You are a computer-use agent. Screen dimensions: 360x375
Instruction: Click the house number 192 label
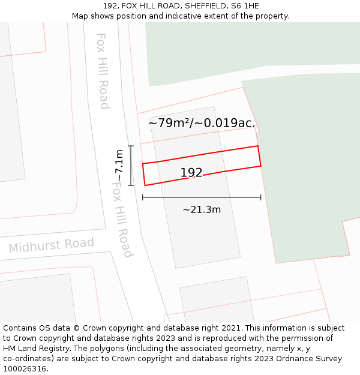(x=191, y=173)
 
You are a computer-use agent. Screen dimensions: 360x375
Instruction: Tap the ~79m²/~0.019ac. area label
(x=202, y=123)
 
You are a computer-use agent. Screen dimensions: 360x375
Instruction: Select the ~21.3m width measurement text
(x=202, y=209)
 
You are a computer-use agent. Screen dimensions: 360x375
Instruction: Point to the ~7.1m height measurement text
(x=119, y=166)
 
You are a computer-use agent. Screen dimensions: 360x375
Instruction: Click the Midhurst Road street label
(x=51, y=245)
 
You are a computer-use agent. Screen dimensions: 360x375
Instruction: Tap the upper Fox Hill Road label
(x=103, y=71)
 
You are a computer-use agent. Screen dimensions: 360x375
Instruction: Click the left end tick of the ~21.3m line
(x=143, y=197)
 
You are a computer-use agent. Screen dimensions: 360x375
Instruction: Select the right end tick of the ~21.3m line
(x=261, y=197)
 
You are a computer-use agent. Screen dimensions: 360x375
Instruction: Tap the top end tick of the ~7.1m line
(x=131, y=146)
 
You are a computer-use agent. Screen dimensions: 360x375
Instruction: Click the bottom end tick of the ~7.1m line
(x=131, y=185)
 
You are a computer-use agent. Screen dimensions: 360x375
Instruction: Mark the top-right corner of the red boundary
(x=258, y=146)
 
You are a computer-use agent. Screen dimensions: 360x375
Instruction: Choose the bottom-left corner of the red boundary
(x=145, y=185)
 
